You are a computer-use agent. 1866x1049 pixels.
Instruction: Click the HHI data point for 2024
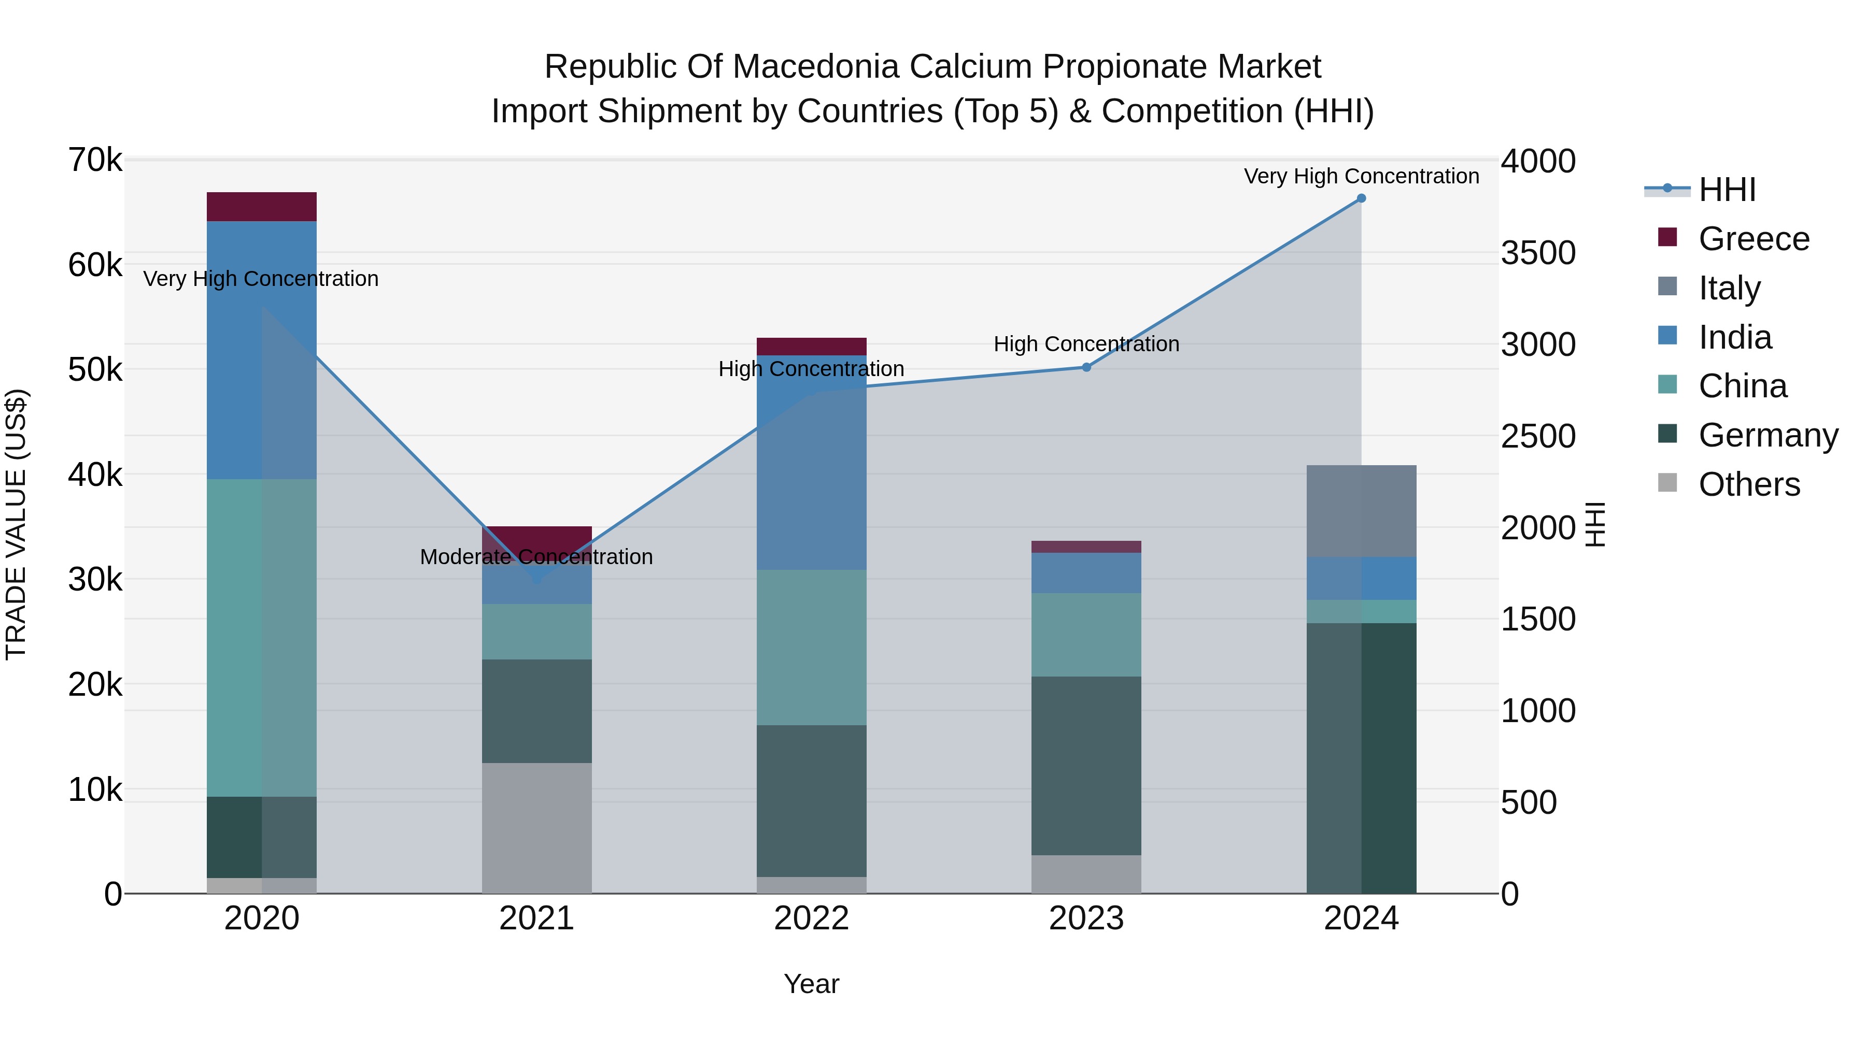click(x=1361, y=198)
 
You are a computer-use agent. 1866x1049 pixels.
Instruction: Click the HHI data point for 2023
click(x=1086, y=367)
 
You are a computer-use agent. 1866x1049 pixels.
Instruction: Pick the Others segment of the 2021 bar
click(x=537, y=827)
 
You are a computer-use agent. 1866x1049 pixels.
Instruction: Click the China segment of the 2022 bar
click(x=811, y=647)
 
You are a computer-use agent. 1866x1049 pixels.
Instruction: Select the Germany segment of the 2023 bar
click(x=1086, y=765)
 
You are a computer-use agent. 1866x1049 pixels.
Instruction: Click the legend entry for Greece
click(x=1753, y=239)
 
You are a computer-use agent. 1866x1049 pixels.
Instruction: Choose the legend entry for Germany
click(x=1768, y=435)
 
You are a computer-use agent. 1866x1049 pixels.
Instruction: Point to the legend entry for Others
click(x=1749, y=484)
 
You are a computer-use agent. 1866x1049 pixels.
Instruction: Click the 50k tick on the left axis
click(x=95, y=370)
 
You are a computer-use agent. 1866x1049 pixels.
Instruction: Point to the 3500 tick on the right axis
click(x=1538, y=253)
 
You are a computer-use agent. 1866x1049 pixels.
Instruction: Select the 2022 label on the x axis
click(x=811, y=918)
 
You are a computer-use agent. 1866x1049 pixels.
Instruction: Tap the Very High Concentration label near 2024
click(x=1361, y=176)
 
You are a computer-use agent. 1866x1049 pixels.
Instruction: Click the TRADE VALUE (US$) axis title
click(x=16, y=524)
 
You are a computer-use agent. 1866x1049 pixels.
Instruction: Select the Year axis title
click(x=811, y=984)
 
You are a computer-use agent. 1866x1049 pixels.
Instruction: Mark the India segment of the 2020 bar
click(x=262, y=350)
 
